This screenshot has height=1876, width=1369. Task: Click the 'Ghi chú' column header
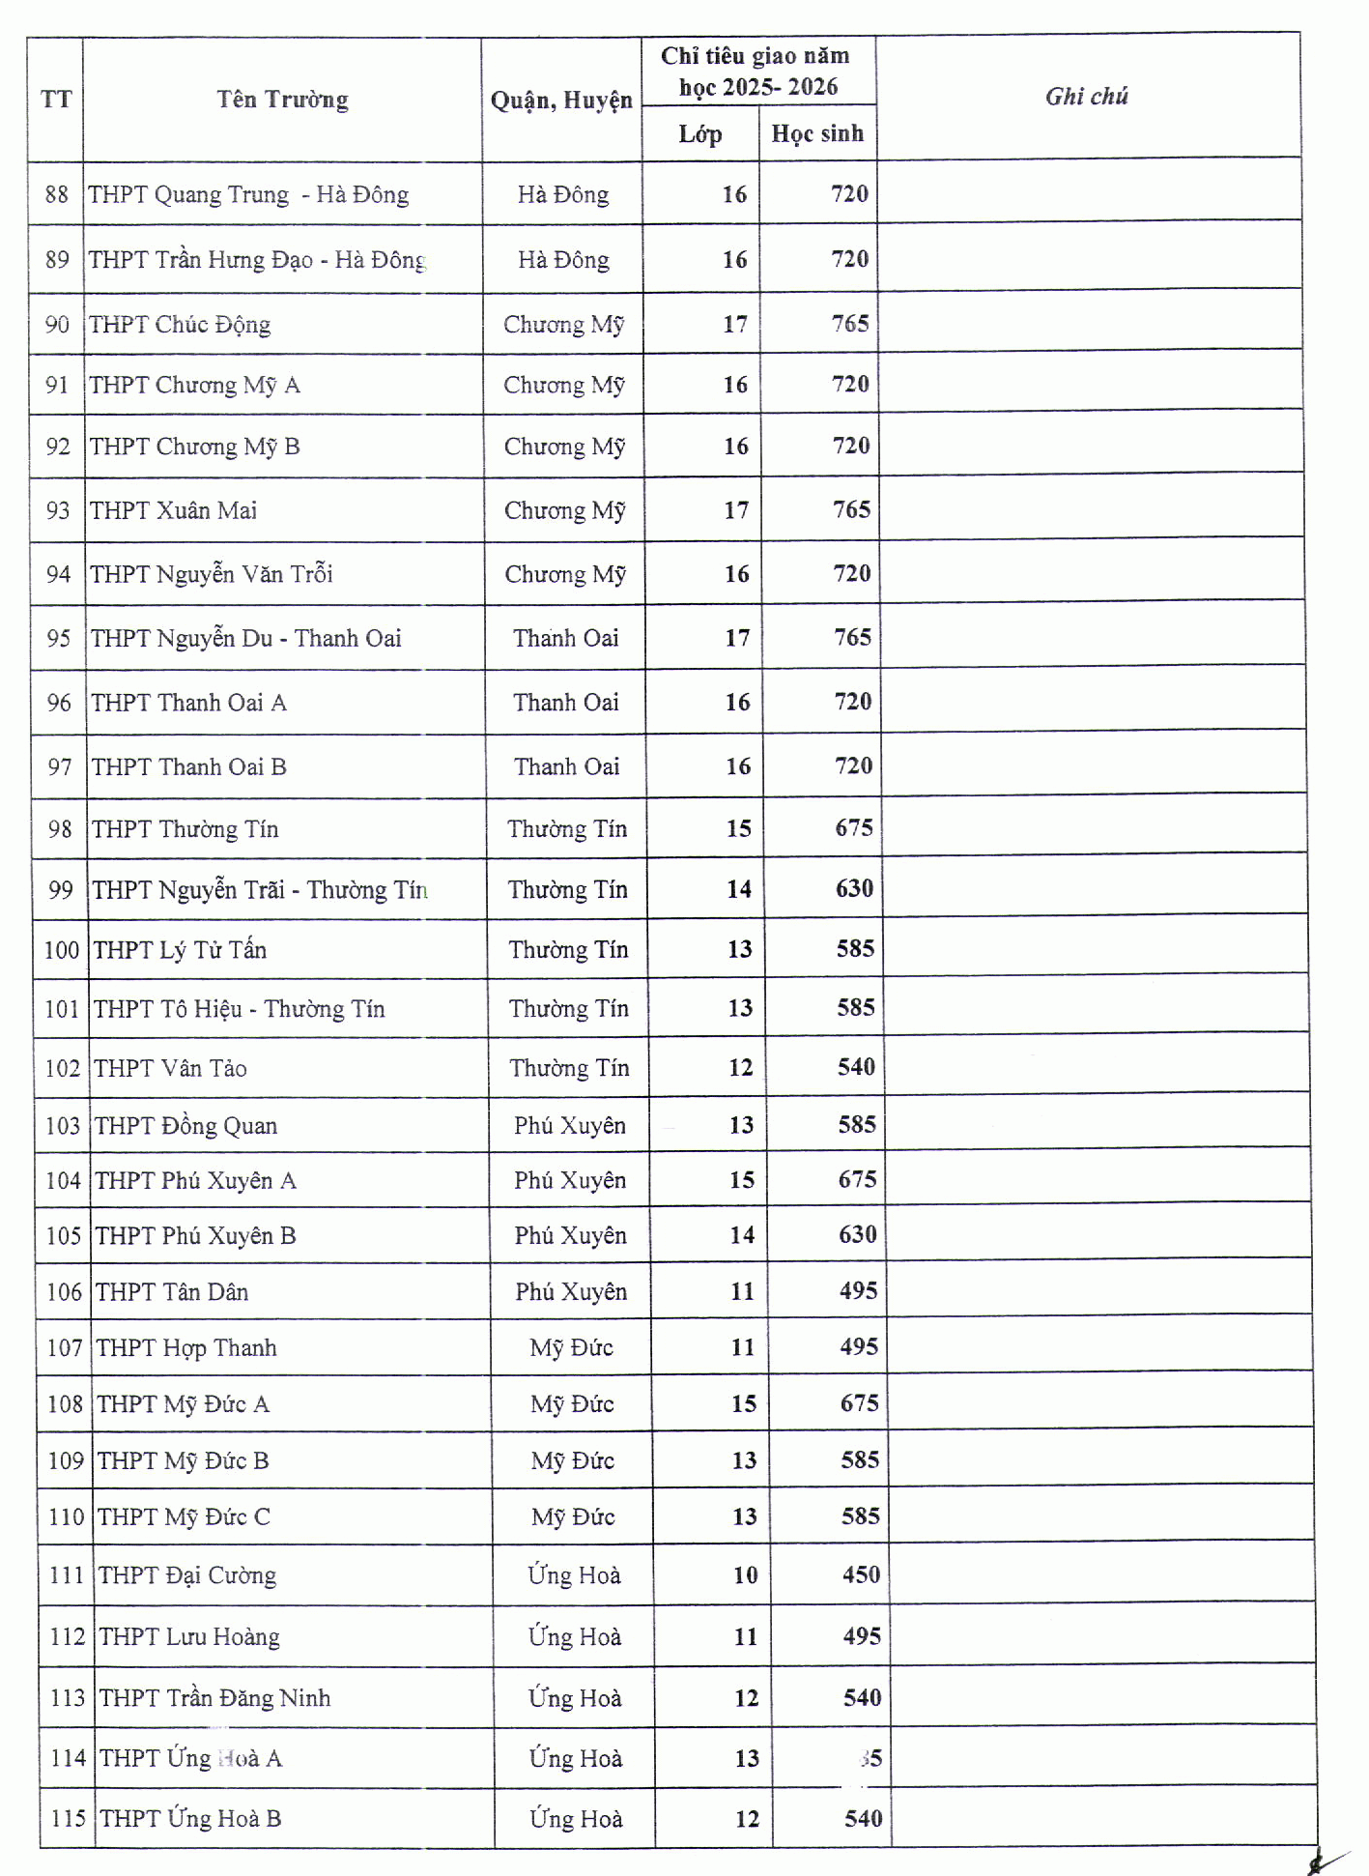(1087, 96)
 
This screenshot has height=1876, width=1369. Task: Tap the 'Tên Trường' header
(282, 100)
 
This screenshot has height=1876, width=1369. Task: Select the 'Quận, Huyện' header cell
(561, 101)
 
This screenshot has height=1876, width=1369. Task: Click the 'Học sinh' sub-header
(817, 133)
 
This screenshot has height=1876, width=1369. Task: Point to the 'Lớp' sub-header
(699, 133)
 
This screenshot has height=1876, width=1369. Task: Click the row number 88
(57, 194)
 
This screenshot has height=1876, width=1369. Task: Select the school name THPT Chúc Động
(180, 325)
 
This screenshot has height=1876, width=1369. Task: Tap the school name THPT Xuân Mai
(174, 510)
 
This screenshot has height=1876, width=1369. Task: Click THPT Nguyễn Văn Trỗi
(212, 574)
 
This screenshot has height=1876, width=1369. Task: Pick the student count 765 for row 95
(852, 638)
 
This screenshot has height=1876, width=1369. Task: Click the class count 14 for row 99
(739, 889)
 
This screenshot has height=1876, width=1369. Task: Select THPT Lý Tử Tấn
(180, 950)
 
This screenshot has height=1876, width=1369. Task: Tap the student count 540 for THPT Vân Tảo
(856, 1067)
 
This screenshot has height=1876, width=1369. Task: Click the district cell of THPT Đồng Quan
(570, 1126)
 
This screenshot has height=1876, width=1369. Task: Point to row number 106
(64, 1292)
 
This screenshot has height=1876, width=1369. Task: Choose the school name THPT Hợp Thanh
(186, 1348)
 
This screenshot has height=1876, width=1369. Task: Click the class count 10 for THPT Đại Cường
(745, 1575)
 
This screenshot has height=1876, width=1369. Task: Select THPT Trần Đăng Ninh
(214, 1698)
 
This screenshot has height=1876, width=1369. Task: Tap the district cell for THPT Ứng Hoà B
(576, 1819)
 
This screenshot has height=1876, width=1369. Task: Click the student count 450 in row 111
(861, 1575)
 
